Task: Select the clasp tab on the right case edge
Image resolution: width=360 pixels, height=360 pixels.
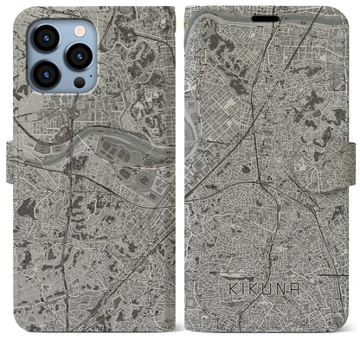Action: tap(349, 160)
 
